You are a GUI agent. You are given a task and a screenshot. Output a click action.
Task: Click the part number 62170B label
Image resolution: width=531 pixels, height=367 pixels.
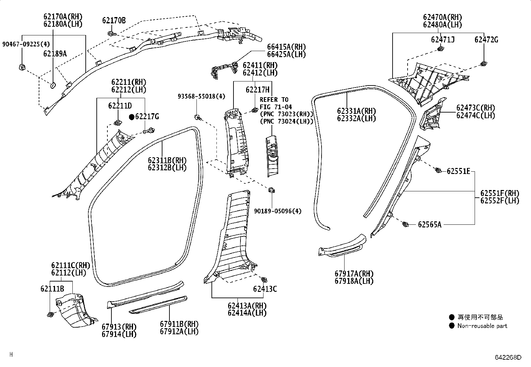click(114, 21)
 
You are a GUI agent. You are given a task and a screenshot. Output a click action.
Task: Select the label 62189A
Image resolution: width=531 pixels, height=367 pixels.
click(55, 53)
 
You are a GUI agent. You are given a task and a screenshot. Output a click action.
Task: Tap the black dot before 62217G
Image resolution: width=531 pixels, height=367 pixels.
click(132, 117)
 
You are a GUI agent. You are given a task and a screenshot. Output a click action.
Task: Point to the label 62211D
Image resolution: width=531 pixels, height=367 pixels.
click(120, 106)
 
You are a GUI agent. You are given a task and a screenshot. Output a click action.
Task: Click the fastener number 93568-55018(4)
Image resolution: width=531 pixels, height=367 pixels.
click(201, 97)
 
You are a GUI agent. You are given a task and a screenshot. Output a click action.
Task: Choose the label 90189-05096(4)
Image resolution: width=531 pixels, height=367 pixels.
click(278, 211)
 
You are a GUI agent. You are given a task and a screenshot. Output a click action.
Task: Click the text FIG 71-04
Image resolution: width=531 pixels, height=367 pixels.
click(276, 107)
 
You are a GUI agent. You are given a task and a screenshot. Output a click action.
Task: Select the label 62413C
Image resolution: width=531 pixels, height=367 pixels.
click(265, 289)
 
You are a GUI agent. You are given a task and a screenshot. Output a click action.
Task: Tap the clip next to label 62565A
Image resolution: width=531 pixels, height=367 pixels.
click(406, 224)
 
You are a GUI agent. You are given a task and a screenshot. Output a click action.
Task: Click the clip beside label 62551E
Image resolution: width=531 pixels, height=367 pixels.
click(439, 171)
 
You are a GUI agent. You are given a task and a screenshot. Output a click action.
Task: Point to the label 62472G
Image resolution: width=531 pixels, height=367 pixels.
click(486, 40)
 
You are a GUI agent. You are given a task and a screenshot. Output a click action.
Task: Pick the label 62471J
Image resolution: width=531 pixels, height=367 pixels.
click(443, 40)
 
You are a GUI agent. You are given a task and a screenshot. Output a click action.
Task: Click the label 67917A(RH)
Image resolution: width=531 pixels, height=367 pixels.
click(354, 274)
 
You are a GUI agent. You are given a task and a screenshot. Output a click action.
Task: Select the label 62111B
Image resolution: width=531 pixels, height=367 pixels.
click(52, 289)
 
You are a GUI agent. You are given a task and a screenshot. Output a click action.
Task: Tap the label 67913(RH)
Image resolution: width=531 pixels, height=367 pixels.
click(119, 327)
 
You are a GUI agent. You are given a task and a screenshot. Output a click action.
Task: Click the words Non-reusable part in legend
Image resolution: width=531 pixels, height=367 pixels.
click(482, 326)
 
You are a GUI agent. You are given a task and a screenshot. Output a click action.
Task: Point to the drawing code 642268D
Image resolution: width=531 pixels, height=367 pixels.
click(508, 357)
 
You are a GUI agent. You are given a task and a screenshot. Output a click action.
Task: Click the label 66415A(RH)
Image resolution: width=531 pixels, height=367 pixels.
click(286, 47)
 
